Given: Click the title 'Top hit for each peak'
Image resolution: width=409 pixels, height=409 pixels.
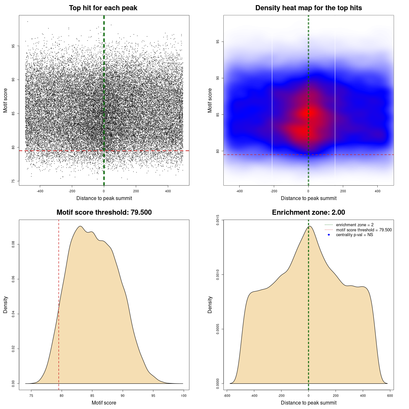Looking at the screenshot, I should pos(103,8).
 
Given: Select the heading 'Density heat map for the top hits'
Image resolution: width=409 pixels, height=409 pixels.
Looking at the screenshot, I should pos(308,8).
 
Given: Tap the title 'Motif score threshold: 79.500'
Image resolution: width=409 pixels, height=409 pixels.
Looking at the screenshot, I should pos(104,212).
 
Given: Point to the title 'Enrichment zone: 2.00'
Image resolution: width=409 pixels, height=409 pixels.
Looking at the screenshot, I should pos(308,212).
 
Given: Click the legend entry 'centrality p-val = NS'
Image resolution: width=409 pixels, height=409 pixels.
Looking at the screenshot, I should pos(354,235).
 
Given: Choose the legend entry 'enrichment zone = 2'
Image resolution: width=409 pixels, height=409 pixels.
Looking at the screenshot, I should pos(355,225).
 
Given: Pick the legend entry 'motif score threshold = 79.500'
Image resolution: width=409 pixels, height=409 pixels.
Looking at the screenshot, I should pos(364,230).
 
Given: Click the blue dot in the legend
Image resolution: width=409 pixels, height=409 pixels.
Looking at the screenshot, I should pos(329,235).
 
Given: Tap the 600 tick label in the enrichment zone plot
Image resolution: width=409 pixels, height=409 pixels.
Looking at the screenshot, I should pos(390,396).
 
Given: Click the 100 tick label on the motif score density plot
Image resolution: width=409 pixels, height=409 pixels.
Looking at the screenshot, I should pos(183,396).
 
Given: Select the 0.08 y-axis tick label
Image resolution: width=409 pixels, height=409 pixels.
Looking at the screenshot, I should pos(13,244).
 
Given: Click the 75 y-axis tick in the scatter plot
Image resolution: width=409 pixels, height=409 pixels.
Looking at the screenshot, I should pos(13,181).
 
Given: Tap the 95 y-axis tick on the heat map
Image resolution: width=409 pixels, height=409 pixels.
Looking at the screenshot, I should pos(218,42).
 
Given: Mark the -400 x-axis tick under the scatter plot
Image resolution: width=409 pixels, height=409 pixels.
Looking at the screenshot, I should pos(40,191).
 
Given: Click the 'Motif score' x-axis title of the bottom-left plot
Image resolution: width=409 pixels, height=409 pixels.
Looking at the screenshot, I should pos(104,403).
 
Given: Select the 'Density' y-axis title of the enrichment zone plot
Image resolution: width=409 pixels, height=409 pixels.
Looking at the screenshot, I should pos(210,305).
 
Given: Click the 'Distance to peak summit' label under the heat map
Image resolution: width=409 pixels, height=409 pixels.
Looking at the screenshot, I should pos(308,198).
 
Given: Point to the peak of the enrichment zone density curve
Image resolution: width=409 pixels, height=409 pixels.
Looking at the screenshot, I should pos(309,226).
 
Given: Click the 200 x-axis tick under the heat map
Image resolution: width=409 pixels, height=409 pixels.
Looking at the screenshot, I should pos(343,191).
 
